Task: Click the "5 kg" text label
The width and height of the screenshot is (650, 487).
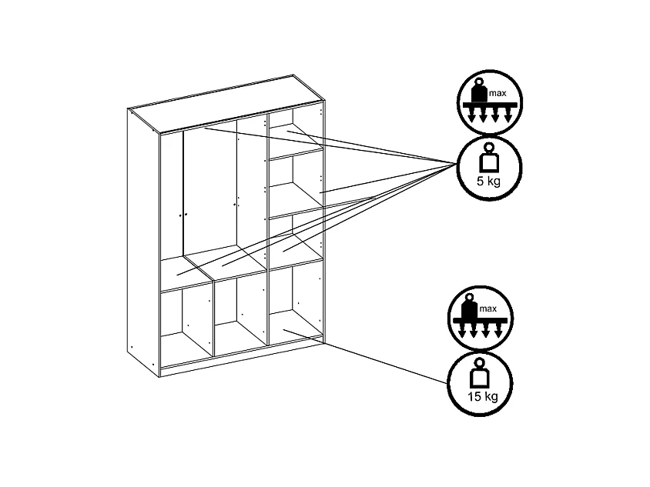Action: [489, 182]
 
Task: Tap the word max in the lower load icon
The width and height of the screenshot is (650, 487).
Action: [487, 309]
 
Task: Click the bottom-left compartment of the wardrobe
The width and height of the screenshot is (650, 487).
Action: [185, 323]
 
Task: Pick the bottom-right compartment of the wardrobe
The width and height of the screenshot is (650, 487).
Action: [294, 300]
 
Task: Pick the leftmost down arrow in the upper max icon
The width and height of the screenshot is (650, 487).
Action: [469, 116]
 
